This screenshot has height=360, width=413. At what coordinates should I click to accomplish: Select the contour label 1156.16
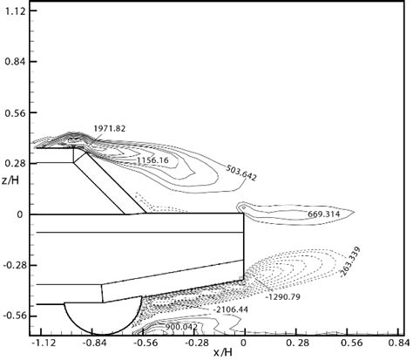tap(152, 161)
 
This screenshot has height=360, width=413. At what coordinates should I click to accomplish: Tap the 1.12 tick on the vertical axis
tap(15, 11)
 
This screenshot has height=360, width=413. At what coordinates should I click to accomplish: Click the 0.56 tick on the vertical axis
tap(15, 112)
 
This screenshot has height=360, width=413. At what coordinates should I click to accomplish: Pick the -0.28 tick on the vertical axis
tap(13, 265)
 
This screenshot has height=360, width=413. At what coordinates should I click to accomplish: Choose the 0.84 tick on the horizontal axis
tap(396, 343)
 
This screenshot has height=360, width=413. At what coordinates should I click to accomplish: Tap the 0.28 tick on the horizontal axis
tap(295, 343)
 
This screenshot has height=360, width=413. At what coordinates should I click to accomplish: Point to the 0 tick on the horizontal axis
tap(244, 343)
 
